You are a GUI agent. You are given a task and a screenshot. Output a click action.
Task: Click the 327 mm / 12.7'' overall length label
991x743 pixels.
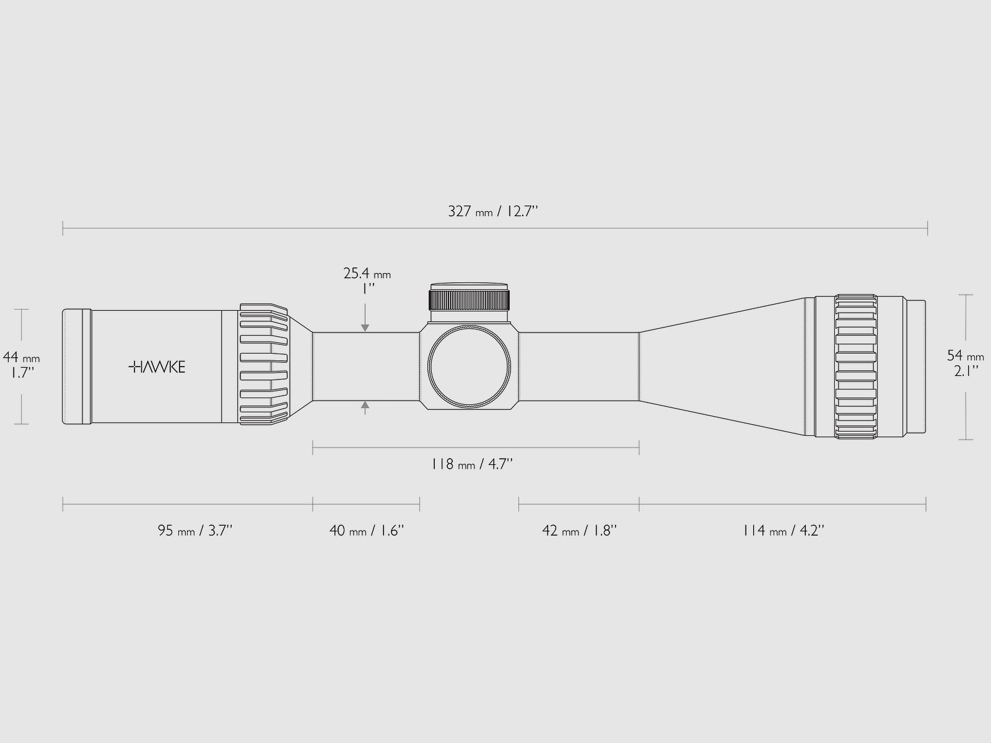493,212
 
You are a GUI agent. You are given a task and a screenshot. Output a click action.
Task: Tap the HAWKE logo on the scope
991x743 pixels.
156,367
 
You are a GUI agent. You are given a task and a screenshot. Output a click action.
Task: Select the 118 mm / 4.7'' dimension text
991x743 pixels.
473,464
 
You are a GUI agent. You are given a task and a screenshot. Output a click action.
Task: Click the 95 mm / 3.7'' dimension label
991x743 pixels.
194,531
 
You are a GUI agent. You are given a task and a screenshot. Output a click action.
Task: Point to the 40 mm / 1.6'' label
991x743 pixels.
367,531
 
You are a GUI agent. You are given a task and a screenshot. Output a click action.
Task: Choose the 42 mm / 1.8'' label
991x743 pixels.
579,531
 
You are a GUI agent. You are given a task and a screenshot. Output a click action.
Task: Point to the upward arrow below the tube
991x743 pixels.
365,407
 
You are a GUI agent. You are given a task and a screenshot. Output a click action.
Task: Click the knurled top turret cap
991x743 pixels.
470,298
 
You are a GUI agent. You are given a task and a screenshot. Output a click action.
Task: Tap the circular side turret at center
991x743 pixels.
470,367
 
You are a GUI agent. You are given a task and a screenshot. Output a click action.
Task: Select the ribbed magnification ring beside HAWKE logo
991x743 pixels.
264,366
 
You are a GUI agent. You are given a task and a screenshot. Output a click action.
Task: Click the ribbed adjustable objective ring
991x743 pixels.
856,367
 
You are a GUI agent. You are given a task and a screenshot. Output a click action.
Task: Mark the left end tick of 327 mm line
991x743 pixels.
63,228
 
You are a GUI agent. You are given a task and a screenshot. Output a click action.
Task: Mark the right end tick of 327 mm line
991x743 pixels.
927,228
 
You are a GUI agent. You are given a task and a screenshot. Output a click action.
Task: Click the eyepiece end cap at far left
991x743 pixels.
77,367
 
